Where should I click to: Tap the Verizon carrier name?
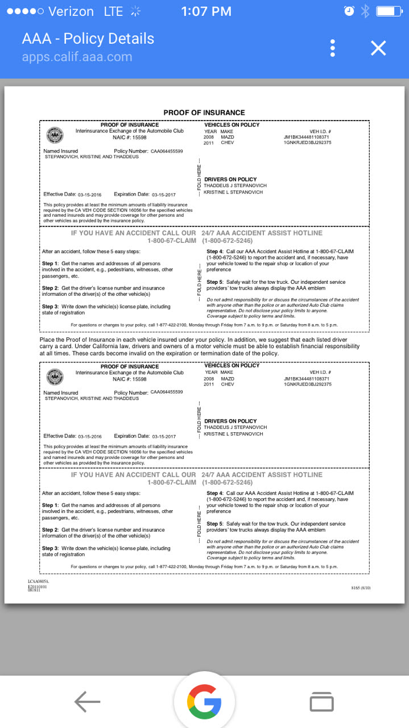[71, 11]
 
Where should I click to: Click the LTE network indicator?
[113, 11]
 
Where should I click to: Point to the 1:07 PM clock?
[206, 11]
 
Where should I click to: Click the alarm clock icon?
[349, 11]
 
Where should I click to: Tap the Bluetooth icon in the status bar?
[366, 11]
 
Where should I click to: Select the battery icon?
[389, 11]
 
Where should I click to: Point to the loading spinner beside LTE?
[135, 11]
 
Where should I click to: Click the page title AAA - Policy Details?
[88, 39]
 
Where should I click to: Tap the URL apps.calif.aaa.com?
[77, 57]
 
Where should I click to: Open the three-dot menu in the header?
[333, 48]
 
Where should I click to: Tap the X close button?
[378, 48]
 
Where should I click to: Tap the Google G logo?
[204, 702]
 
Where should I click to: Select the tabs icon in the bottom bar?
[321, 702]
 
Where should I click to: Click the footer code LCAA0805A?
[39, 582]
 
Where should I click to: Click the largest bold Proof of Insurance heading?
[204, 113]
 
